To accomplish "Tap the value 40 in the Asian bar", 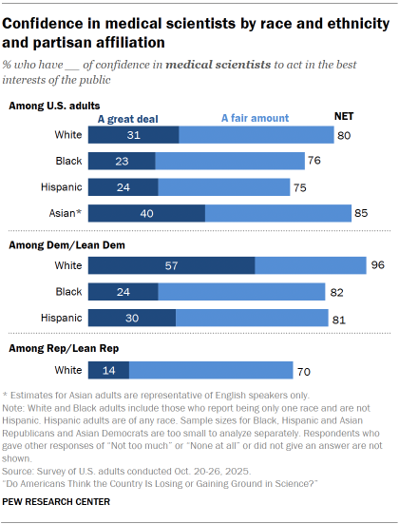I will point(146,213).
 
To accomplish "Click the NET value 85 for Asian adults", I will point(360,213).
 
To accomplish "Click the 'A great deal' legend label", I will point(127,119).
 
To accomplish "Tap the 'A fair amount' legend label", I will point(255,119).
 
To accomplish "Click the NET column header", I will point(345,115).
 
